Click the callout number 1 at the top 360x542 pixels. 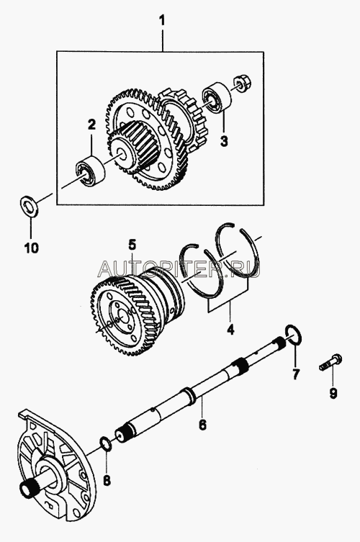161,22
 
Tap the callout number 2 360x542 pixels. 91,125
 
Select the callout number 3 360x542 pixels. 224,140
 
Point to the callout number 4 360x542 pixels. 230,330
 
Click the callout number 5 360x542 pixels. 132,245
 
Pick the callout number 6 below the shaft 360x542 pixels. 202,424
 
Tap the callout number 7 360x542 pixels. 295,374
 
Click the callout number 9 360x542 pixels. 333,393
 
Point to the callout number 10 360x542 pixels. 31,248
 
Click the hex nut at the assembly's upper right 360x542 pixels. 243,83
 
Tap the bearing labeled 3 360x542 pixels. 217,96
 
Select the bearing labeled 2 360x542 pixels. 90,171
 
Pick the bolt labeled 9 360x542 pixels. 330,362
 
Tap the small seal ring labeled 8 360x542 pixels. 106,443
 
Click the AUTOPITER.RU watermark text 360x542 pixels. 179,269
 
